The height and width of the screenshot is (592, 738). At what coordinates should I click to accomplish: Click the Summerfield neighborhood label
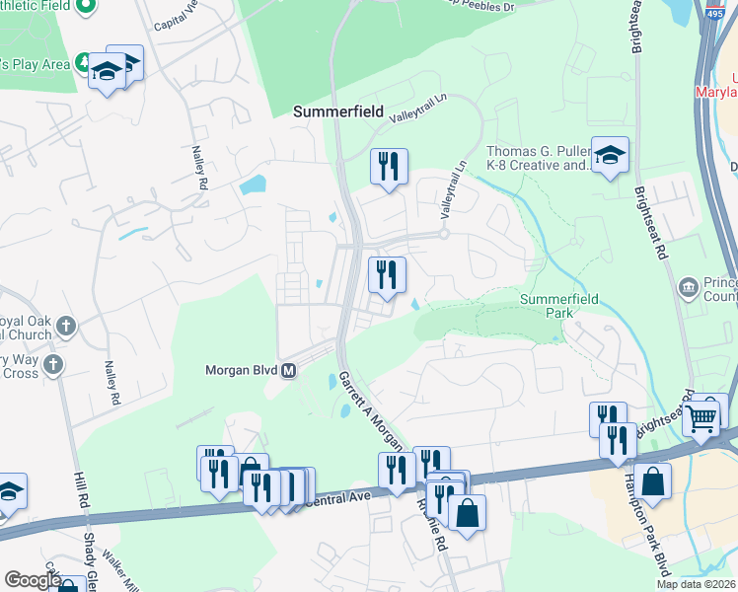pyautogui.click(x=337, y=112)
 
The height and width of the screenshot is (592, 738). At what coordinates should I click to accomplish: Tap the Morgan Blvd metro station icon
pyautogui.click(x=289, y=371)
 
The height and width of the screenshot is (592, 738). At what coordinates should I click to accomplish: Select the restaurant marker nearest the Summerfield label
pyautogui.click(x=389, y=165)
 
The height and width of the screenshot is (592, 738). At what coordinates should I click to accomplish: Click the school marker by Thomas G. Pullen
pyautogui.click(x=610, y=155)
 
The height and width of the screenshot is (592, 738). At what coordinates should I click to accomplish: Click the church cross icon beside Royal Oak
pyautogui.click(x=65, y=326)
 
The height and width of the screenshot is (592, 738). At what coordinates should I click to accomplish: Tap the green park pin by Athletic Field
pyautogui.click(x=87, y=6)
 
